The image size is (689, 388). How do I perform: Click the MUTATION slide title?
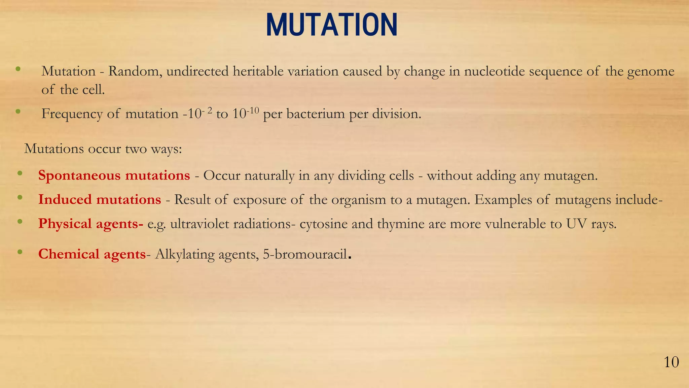coord(332,25)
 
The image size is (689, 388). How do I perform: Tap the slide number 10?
coord(671,363)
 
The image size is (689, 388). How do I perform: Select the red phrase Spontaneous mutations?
coord(114,175)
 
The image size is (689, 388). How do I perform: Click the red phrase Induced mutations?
coord(100,200)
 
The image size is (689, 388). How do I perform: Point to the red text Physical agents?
coord(90,224)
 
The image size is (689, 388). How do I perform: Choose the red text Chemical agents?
coord(92,254)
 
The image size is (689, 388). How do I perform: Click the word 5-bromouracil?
coord(304,254)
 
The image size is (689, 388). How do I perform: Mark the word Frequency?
coord(72,114)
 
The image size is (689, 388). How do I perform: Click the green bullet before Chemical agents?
coord(20,252)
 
